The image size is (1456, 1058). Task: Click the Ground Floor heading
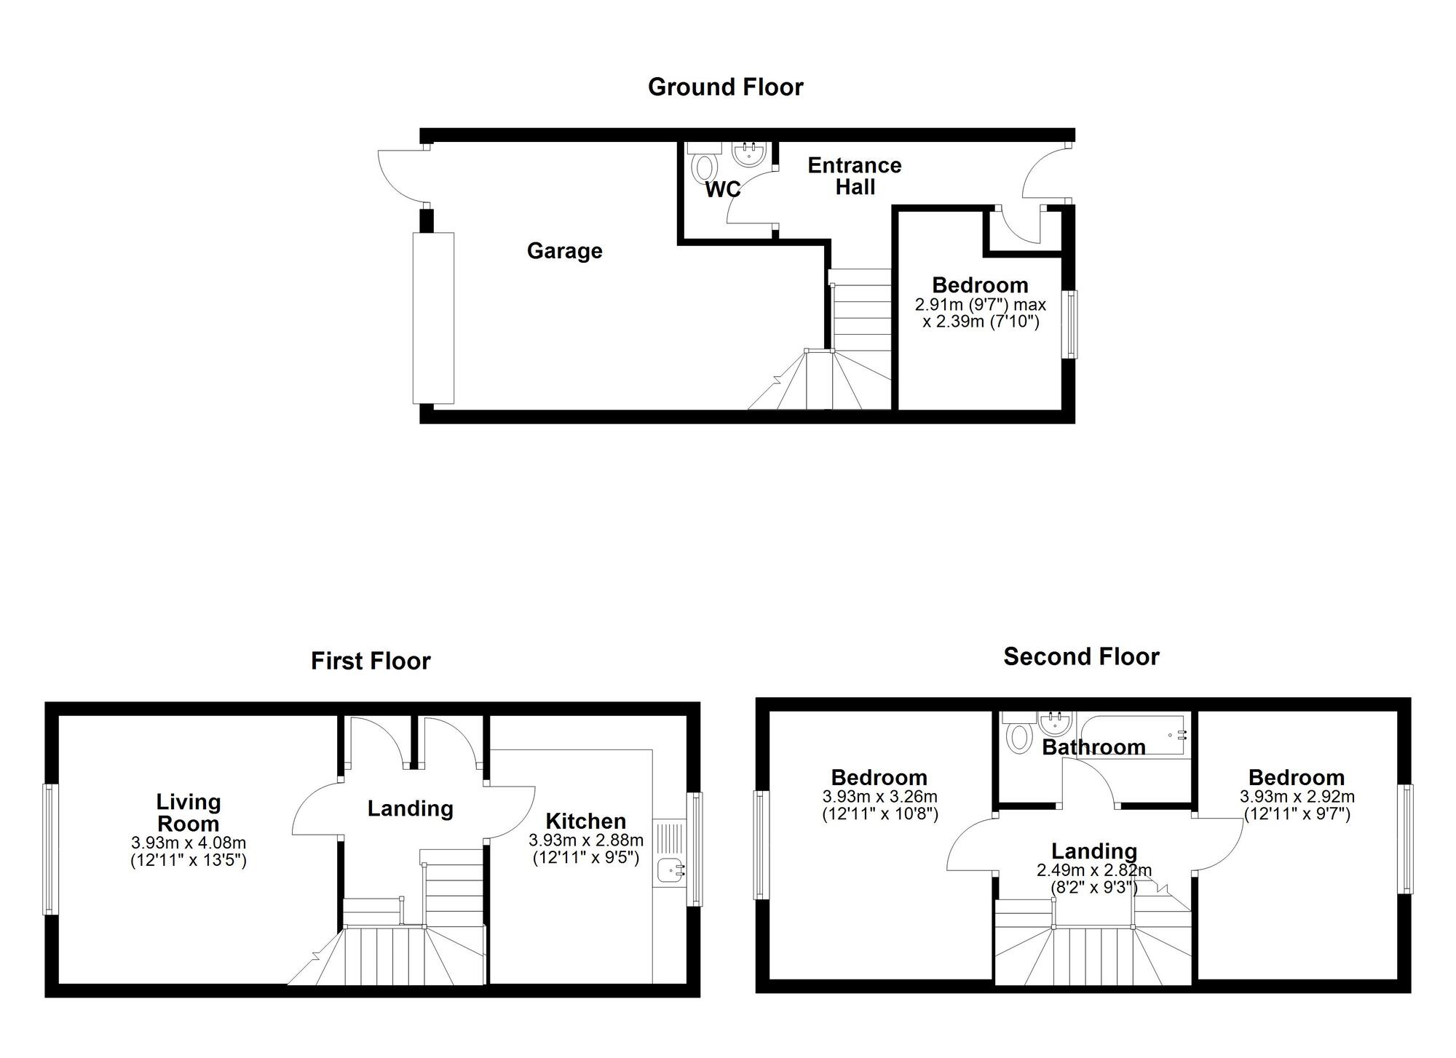tap(725, 87)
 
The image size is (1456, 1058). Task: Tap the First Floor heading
tap(371, 661)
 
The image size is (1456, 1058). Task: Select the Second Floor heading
tap(1081, 657)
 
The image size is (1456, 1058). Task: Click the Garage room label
tap(564, 251)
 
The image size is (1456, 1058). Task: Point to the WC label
tap(722, 190)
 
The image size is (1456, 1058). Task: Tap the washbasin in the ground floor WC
tap(748, 154)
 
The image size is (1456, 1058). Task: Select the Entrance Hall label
tap(855, 176)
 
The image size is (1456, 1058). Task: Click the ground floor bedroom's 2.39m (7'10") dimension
tap(981, 321)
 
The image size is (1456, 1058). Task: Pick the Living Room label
tap(189, 813)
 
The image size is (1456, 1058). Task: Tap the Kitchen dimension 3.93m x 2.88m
tap(586, 840)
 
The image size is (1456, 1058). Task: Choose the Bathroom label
tap(1093, 747)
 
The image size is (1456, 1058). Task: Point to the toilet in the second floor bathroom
tap(1016, 736)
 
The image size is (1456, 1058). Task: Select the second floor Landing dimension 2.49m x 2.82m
tap(1094, 870)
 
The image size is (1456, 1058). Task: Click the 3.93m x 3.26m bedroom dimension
tap(880, 797)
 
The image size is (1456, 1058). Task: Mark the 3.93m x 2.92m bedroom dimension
tap(1297, 797)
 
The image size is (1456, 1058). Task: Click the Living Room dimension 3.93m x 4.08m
tap(189, 843)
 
